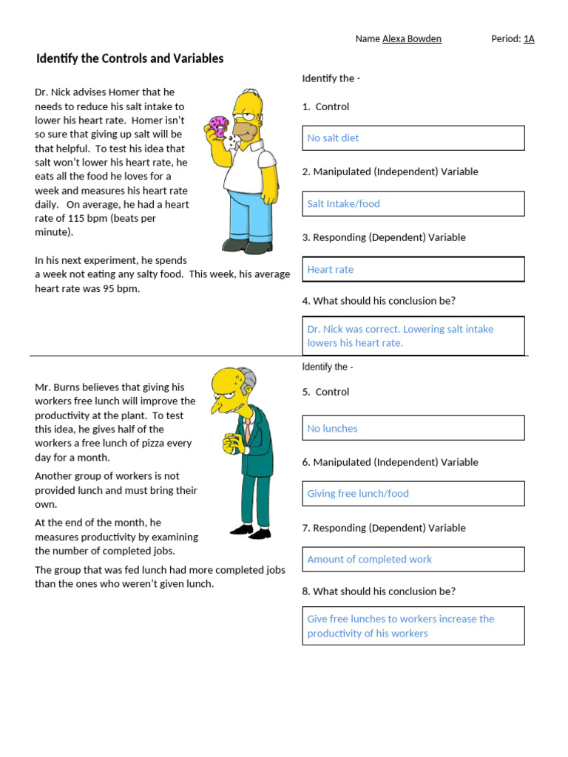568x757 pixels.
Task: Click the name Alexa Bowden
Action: pos(411,39)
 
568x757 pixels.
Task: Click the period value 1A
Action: pos(529,39)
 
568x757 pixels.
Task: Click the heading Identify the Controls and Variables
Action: pos(130,58)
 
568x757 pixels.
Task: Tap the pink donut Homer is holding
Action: pos(218,126)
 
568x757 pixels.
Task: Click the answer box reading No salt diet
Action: pos(413,138)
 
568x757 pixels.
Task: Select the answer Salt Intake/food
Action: pos(413,204)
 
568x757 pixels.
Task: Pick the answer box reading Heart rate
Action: pos(413,270)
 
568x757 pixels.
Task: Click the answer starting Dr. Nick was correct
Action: pos(413,336)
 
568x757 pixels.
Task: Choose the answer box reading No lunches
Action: pos(413,428)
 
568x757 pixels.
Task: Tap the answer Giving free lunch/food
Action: pos(413,494)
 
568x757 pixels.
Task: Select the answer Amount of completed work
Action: pos(413,560)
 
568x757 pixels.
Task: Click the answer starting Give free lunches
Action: pos(413,626)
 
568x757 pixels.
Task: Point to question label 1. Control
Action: pos(325,106)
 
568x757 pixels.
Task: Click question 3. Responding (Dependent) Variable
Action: pos(384,237)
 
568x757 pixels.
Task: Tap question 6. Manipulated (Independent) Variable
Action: pos(390,462)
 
